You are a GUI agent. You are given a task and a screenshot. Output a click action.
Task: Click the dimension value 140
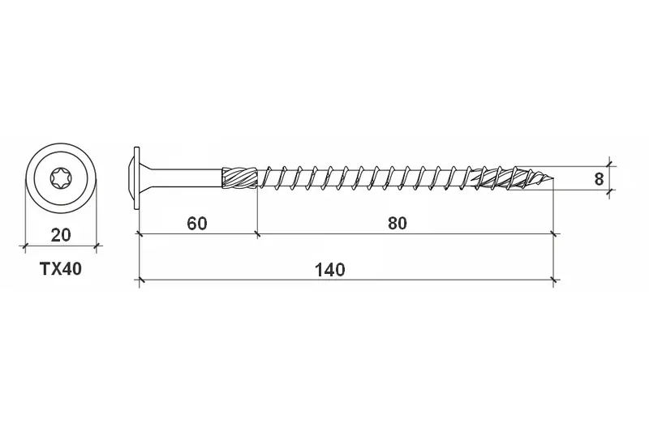tap(331, 269)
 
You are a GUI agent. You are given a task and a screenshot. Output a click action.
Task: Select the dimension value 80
tap(396, 223)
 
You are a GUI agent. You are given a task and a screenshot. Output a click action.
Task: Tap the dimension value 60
tap(196, 223)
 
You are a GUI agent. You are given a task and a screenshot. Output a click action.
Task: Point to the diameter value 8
tap(599, 179)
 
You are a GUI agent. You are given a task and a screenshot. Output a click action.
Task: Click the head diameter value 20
tap(60, 235)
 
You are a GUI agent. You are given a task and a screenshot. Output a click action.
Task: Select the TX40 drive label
tap(61, 270)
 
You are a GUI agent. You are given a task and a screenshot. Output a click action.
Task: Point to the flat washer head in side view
tap(136, 178)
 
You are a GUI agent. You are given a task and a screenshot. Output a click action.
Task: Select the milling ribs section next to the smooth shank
tap(239, 178)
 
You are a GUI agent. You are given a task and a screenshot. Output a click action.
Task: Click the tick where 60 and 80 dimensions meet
tap(257, 234)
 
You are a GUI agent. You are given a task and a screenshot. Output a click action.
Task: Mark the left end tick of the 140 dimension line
tap(140, 281)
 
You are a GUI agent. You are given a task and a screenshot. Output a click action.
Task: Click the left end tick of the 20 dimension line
tap(24, 245)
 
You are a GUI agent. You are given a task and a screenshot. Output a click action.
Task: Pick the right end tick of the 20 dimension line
tap(97, 245)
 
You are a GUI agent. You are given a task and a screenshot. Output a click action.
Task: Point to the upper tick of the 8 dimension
tap(611, 166)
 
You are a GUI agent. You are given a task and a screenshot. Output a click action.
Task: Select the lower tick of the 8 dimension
tap(611, 190)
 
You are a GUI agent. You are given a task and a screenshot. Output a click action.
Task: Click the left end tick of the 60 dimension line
tap(140, 234)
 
